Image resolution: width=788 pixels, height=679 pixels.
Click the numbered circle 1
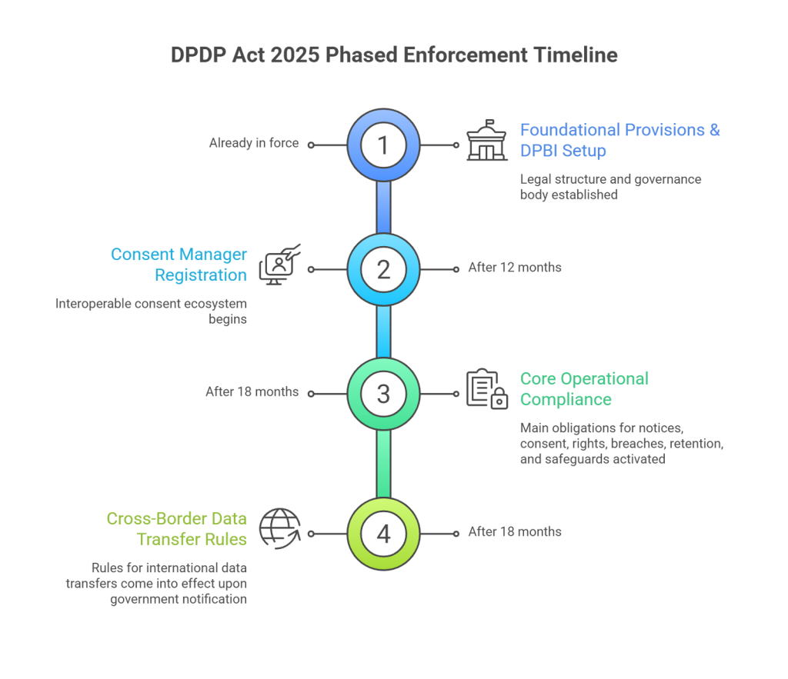(x=383, y=145)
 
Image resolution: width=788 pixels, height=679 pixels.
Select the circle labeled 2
(x=383, y=269)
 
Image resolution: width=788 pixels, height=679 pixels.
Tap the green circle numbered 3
(x=383, y=393)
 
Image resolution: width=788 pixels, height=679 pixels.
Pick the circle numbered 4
(x=383, y=532)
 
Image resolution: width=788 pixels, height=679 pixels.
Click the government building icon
(x=488, y=142)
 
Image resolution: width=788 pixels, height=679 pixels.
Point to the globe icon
(x=276, y=529)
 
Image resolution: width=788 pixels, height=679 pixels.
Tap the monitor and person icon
(x=279, y=265)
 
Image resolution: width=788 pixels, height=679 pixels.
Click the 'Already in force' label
(x=253, y=144)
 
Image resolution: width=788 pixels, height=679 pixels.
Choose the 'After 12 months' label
(x=514, y=268)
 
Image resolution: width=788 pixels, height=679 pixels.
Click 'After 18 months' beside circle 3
(x=252, y=392)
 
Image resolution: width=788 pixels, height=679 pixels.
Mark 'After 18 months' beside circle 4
(x=514, y=532)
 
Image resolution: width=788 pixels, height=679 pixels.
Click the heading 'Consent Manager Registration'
(x=179, y=265)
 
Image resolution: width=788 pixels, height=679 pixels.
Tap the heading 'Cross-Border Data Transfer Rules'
(x=176, y=528)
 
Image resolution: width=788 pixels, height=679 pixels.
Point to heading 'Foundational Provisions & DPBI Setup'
(x=620, y=139)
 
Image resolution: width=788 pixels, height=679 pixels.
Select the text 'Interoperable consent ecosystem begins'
(x=151, y=311)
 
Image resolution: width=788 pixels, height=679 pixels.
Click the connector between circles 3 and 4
(x=383, y=463)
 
